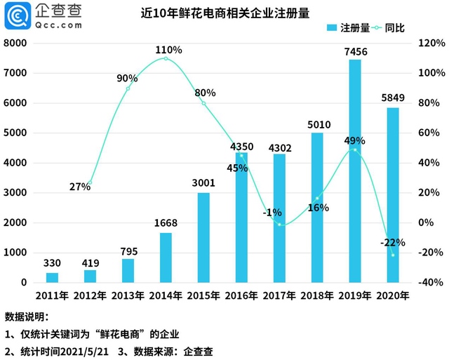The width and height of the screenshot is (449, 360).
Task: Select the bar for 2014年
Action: (166, 258)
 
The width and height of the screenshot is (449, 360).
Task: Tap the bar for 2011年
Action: (53, 277)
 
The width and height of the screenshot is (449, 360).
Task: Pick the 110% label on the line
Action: (169, 50)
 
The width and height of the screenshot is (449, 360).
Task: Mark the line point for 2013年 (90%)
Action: (128, 88)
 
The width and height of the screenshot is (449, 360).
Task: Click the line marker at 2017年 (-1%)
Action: (279, 225)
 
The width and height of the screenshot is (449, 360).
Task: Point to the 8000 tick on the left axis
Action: (15, 43)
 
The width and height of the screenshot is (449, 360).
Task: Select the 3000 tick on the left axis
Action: (15, 193)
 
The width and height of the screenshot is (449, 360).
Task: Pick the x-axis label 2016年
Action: (241, 296)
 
